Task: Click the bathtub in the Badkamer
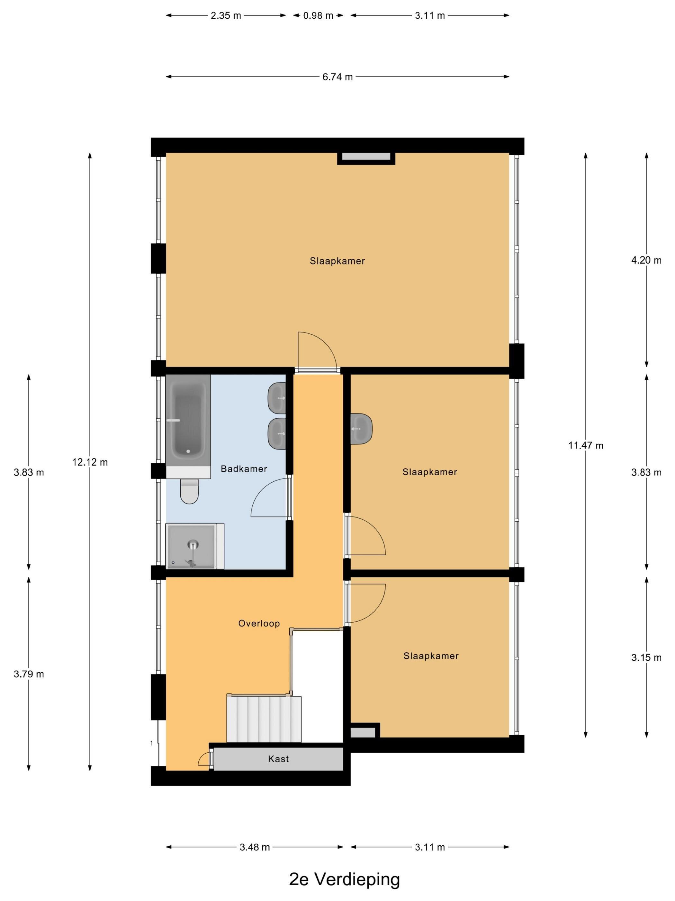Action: point(188,425)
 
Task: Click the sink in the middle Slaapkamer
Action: point(361,429)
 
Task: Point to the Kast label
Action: point(279,759)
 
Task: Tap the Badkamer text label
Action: point(244,469)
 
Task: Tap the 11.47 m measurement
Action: point(586,445)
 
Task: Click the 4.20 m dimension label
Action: point(646,260)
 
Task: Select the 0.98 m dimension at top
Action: point(318,15)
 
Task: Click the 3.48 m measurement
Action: point(255,847)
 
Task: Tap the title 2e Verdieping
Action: point(345,879)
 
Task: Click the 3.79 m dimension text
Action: point(29,674)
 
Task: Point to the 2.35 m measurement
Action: point(226,15)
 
